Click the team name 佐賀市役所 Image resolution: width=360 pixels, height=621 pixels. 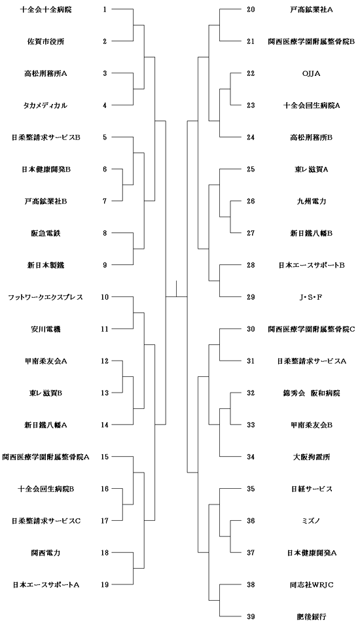tap(45, 41)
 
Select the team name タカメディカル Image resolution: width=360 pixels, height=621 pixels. tap(45, 105)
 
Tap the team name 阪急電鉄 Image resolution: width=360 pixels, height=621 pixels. tap(45, 233)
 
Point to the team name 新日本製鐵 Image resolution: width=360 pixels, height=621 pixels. tap(45, 266)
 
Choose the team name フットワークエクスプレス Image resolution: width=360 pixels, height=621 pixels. tap(45, 297)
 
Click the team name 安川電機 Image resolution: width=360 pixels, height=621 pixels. tap(45, 329)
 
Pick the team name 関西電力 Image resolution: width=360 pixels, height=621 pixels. tap(45, 553)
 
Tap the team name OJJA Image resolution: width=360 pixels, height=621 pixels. tap(311, 73)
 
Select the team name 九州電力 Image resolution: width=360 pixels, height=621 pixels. tap(311, 201)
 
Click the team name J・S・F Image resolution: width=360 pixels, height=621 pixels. tap(311, 297)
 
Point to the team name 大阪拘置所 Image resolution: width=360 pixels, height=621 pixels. tap(311, 457)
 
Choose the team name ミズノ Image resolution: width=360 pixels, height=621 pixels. tap(311, 521)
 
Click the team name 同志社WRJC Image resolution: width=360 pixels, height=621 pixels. tap(311, 585)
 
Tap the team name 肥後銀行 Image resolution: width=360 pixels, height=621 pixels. tap(311, 616)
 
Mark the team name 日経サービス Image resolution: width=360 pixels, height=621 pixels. tap(311, 489)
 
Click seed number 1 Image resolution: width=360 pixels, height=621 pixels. tap(105, 10)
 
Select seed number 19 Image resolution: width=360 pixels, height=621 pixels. tap(105, 585)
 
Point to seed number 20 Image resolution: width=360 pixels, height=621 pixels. tap(251, 10)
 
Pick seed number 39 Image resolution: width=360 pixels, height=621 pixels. tap(251, 616)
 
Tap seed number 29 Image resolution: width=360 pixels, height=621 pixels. tap(251, 297)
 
